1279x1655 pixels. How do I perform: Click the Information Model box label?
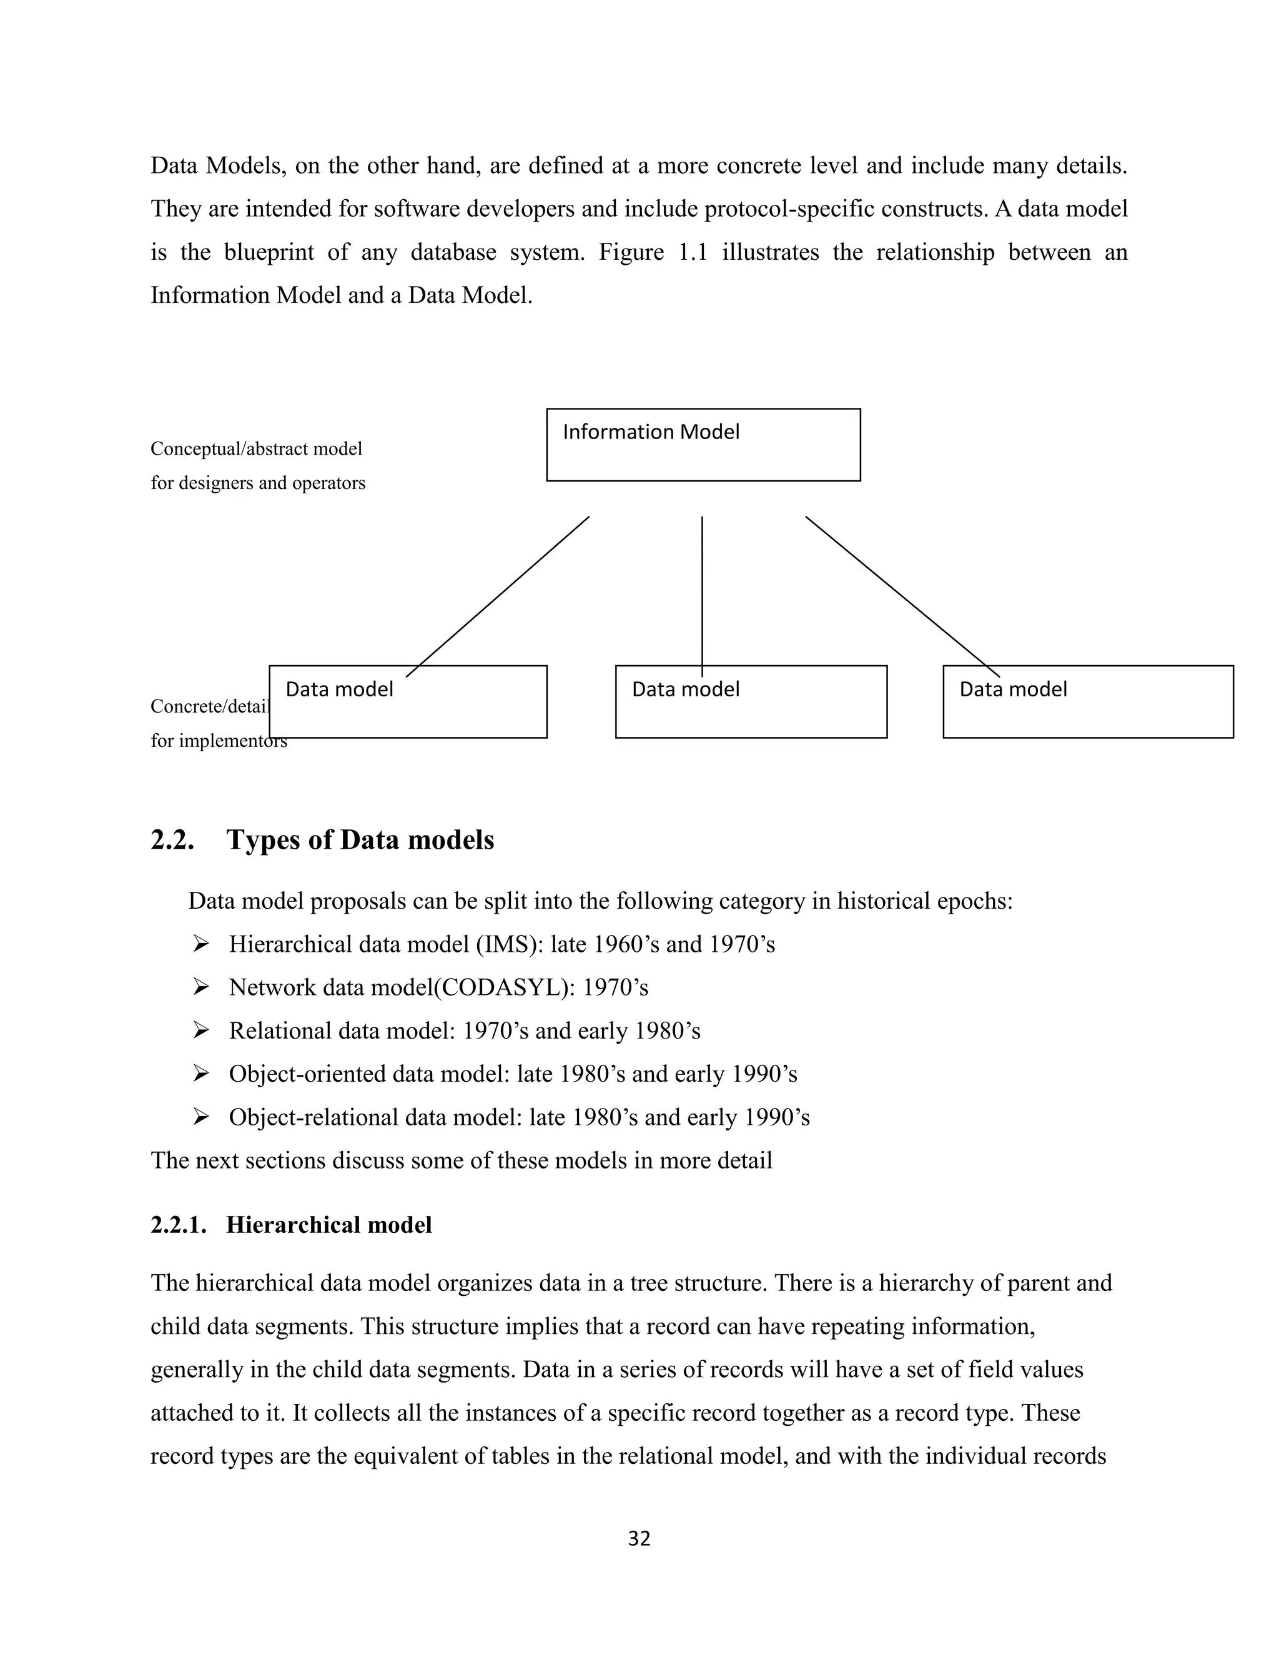[x=650, y=432]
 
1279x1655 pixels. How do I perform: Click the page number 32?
[x=639, y=1538]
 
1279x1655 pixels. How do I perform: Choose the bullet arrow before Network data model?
[x=201, y=987]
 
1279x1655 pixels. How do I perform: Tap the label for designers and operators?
[x=258, y=483]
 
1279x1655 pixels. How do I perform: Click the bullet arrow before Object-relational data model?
[x=201, y=1117]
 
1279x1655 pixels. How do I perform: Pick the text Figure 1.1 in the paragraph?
[x=653, y=252]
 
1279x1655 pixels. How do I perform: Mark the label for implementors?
[x=218, y=740]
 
